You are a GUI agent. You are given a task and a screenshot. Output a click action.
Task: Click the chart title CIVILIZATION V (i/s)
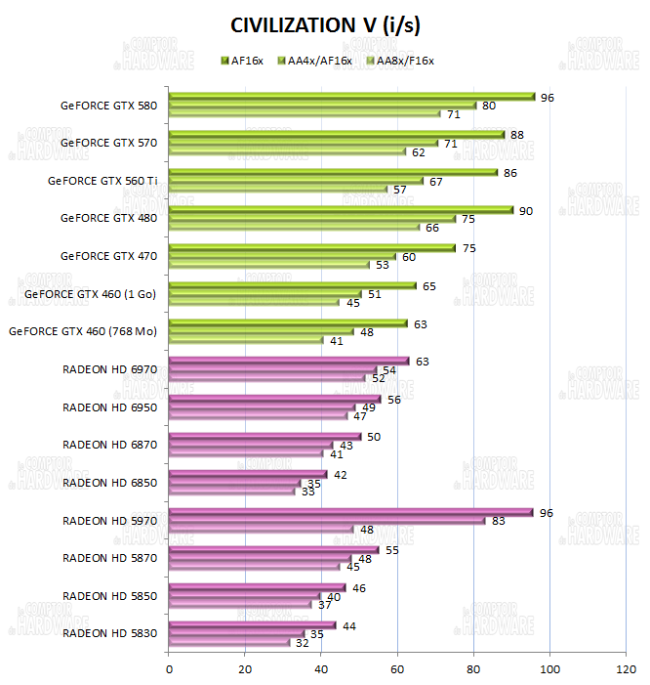[325, 24]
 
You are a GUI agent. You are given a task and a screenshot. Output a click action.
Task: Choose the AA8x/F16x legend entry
[399, 61]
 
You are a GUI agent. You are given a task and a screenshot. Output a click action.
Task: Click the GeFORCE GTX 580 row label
[108, 105]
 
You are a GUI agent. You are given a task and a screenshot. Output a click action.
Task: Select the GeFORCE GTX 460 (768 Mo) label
[82, 331]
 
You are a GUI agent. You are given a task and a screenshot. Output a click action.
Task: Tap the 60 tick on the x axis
[397, 669]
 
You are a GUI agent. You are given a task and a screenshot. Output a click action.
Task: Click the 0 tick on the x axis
[170, 669]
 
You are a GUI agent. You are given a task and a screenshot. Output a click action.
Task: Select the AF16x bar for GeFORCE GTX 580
[351, 97]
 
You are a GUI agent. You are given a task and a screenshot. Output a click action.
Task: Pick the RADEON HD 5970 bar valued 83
[327, 521]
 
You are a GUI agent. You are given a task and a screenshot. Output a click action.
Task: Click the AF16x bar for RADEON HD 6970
[289, 361]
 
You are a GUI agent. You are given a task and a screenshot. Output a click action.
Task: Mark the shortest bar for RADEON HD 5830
[230, 642]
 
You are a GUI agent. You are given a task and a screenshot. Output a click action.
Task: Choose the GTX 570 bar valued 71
[305, 143]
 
